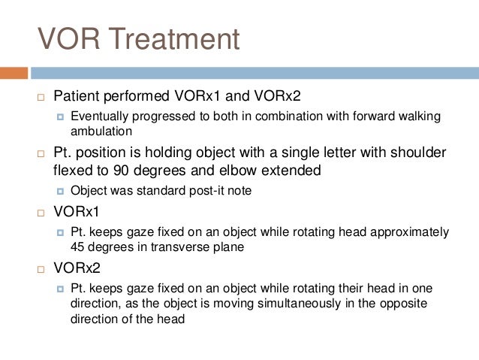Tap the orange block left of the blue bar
(x=14, y=73)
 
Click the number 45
(x=78, y=246)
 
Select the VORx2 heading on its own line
(x=79, y=267)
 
